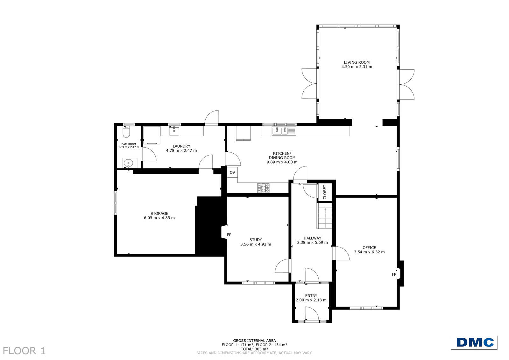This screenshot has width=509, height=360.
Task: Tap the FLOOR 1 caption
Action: click(x=24, y=351)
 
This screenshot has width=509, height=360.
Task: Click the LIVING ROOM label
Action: click(x=357, y=62)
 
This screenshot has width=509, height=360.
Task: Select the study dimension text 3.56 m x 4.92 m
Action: click(x=256, y=244)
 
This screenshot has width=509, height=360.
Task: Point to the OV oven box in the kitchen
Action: click(x=232, y=172)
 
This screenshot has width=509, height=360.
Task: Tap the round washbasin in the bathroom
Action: click(x=128, y=163)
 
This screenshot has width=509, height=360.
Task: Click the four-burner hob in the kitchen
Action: click(x=264, y=188)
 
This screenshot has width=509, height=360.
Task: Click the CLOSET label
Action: click(x=324, y=192)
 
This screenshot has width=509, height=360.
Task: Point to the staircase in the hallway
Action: click(x=325, y=215)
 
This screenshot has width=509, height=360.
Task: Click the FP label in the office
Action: click(x=394, y=274)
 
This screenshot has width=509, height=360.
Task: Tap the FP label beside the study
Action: click(x=229, y=235)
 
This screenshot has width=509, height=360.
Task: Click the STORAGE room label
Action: click(x=159, y=213)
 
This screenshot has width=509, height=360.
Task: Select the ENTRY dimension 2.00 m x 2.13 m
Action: click(x=311, y=300)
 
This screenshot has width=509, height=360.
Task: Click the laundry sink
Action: click(x=174, y=131)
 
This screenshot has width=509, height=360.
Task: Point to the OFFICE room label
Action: click(x=369, y=248)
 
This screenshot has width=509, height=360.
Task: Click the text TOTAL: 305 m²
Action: click(x=255, y=349)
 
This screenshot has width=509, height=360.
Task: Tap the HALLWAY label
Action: click(x=313, y=238)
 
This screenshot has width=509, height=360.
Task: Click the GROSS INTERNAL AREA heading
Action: click(x=255, y=341)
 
